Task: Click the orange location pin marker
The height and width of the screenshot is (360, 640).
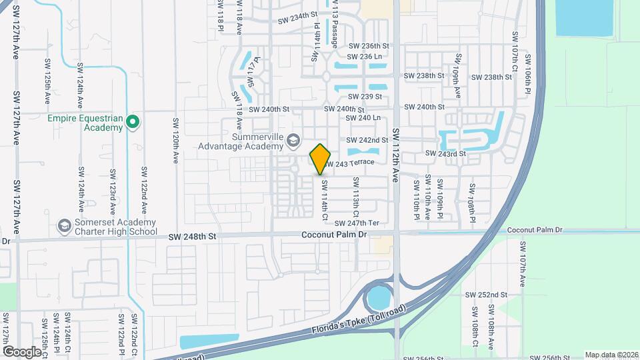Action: tap(320, 158)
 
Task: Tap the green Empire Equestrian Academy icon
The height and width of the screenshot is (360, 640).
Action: tap(132, 121)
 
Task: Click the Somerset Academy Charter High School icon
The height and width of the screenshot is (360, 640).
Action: tap(64, 226)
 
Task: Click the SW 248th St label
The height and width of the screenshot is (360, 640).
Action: tap(193, 236)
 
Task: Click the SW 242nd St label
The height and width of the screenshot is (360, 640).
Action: tap(367, 140)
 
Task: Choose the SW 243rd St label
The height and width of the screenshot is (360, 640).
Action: tap(445, 154)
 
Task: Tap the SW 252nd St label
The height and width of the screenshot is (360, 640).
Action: tap(487, 295)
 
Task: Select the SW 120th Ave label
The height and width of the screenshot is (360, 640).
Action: tap(177, 141)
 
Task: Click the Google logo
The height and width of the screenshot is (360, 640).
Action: tap(22, 351)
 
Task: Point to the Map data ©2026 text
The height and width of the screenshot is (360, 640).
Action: tap(610, 355)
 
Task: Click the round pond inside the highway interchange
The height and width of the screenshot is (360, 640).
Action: tap(379, 297)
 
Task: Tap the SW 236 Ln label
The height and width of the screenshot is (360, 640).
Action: tap(365, 57)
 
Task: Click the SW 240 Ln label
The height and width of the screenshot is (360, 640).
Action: tap(364, 118)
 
